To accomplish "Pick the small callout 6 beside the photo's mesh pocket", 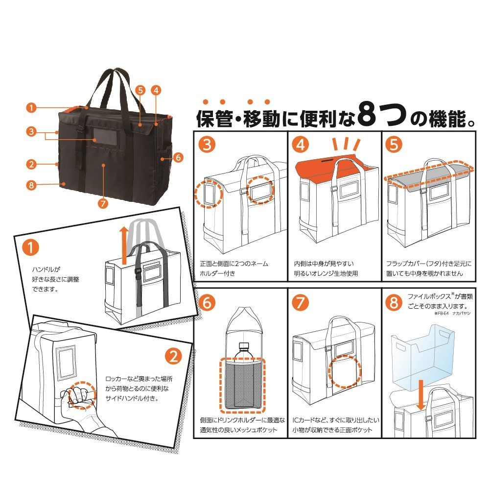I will click(x=178, y=158).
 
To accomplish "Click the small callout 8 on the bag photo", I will click(x=32, y=185).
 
